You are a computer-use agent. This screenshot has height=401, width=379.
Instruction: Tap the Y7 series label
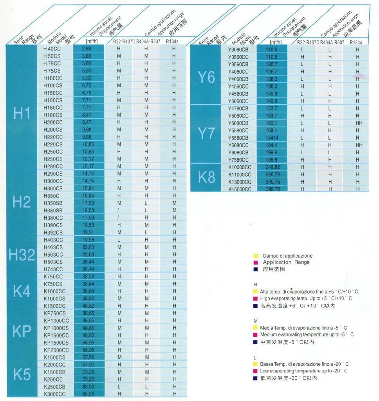click(x=210, y=134)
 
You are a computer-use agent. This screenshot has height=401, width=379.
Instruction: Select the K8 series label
click(x=210, y=177)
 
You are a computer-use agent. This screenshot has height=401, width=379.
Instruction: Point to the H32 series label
click(x=22, y=255)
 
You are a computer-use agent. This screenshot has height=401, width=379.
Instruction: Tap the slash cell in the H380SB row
click(x=119, y=210)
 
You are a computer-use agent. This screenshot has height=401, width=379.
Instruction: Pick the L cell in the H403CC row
click(x=119, y=240)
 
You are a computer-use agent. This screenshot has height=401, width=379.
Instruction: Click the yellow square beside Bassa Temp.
click(x=255, y=364)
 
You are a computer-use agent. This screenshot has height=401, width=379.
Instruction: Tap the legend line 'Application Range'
click(x=286, y=262)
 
